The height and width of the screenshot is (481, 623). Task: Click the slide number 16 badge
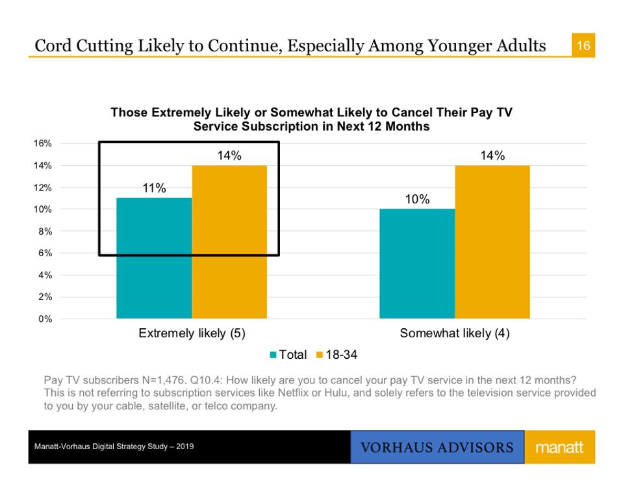[583, 46]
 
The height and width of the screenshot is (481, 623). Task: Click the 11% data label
[155, 188]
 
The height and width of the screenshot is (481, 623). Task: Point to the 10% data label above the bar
[417, 200]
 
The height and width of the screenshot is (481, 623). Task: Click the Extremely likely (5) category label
[192, 334]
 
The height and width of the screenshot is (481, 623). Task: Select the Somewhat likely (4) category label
[455, 334]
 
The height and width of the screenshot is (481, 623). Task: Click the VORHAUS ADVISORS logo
[437, 448]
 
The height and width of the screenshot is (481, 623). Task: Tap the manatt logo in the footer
[559, 448]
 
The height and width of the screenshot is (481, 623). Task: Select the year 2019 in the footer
[184, 448]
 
